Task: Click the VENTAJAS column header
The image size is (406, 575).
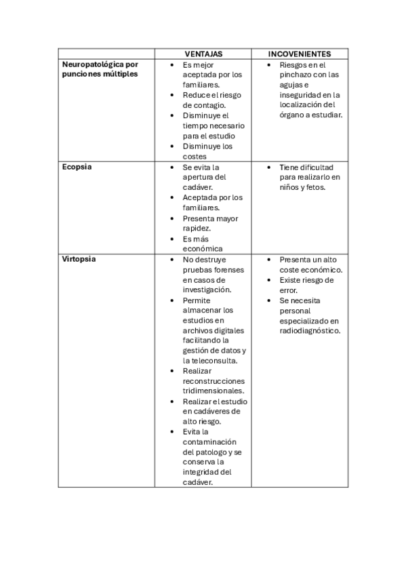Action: (x=203, y=54)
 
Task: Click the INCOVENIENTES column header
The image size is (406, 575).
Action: (x=300, y=54)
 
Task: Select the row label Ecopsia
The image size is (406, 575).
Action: (x=77, y=167)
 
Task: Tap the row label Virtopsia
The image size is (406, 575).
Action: (x=79, y=259)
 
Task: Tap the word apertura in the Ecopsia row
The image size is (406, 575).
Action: (x=198, y=177)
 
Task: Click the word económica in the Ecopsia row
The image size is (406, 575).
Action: (x=203, y=249)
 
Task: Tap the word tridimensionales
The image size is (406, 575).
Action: (x=214, y=391)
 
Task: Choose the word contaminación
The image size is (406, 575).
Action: (x=210, y=441)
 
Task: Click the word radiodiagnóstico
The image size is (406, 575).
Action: (x=310, y=330)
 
